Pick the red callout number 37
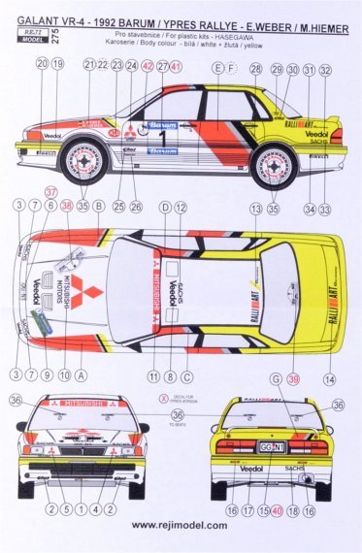50,191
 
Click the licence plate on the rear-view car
270,447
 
